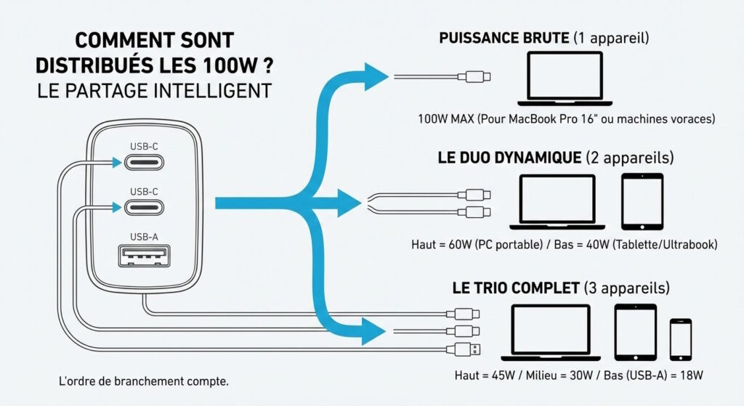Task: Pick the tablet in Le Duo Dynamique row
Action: coord(642,200)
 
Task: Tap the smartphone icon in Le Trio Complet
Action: coord(680,338)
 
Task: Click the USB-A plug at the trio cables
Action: coord(468,349)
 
